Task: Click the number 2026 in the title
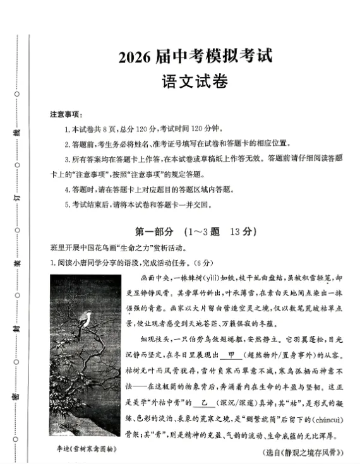click(135, 57)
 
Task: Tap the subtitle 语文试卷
click(195, 82)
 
